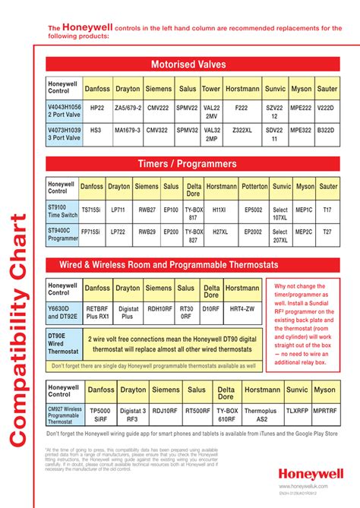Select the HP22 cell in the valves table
coord(97,109)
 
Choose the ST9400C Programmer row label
coord(62,233)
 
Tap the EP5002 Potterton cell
coord(253,209)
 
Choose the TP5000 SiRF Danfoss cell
coord(99,414)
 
